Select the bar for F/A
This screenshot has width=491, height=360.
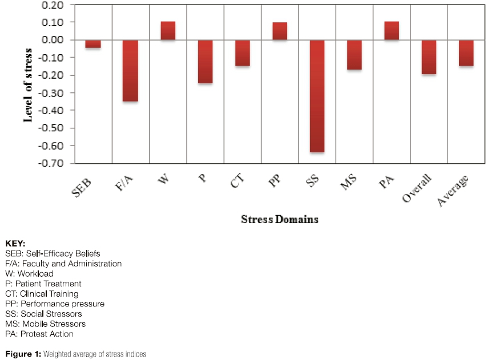point(130,70)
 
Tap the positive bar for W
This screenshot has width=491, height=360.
point(168,31)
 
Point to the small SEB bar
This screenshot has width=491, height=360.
point(93,44)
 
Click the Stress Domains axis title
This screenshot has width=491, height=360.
point(279,219)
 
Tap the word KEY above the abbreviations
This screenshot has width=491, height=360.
point(15,243)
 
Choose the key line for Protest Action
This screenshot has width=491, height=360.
point(39,334)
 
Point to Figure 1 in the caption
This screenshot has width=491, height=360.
point(21,354)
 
